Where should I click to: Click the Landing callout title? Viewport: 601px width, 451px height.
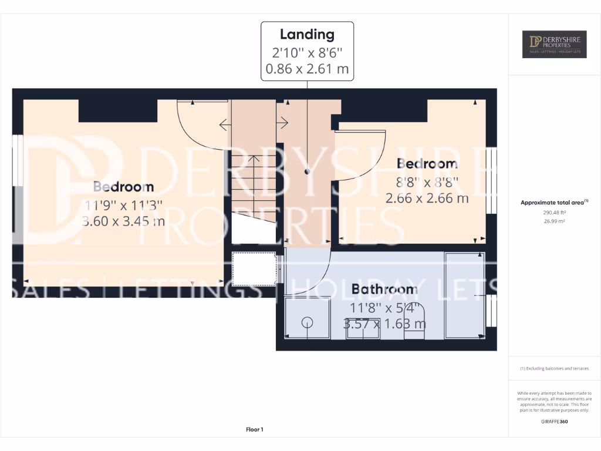click(x=307, y=34)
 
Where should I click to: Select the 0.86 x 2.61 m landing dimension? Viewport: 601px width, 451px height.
click(x=307, y=69)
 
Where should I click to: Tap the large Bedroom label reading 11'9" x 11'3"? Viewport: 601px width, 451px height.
click(x=124, y=187)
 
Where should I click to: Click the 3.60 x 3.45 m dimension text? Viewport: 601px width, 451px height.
click(x=124, y=221)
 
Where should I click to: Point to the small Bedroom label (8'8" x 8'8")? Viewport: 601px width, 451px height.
click(x=427, y=163)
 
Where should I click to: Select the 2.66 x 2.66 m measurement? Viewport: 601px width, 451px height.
click(x=427, y=198)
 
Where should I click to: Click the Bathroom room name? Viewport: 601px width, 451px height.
click(x=384, y=289)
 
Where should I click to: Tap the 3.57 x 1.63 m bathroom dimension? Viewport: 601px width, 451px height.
click(x=384, y=324)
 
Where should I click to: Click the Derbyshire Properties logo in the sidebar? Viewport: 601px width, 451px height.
click(x=554, y=43)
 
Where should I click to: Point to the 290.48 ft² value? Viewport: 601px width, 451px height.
click(x=554, y=213)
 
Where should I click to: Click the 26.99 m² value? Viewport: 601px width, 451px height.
click(x=554, y=222)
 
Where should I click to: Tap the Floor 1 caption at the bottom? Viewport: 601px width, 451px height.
click(x=254, y=430)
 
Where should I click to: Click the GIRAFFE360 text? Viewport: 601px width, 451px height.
click(x=554, y=422)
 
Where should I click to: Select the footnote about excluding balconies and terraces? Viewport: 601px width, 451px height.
click(x=554, y=369)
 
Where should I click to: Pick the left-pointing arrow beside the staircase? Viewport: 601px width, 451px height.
click(x=224, y=124)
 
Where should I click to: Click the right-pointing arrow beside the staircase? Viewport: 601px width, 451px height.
click(x=283, y=123)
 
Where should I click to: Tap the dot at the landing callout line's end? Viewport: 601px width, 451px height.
click(x=307, y=172)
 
